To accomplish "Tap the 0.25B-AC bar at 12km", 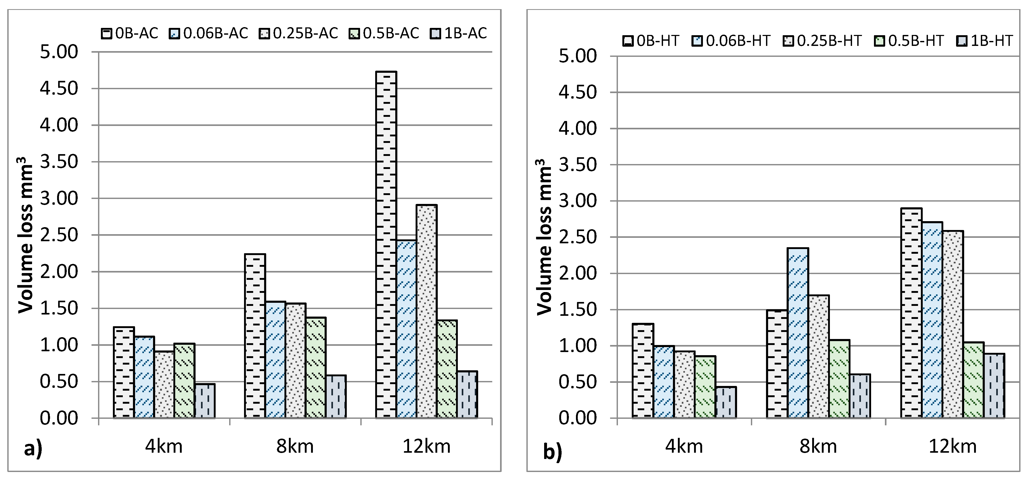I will tap(427, 311).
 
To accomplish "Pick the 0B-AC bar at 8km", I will tap(255, 336).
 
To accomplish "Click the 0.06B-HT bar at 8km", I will tap(798, 333).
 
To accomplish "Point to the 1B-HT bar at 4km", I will tap(726, 402).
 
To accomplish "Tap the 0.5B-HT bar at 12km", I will tap(974, 380).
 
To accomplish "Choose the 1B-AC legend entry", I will tap(458, 33).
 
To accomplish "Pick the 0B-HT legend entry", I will tap(651, 41).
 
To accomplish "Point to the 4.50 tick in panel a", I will tap(59, 88).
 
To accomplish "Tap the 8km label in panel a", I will tap(295, 446).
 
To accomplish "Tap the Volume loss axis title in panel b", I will tap(544, 237).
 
